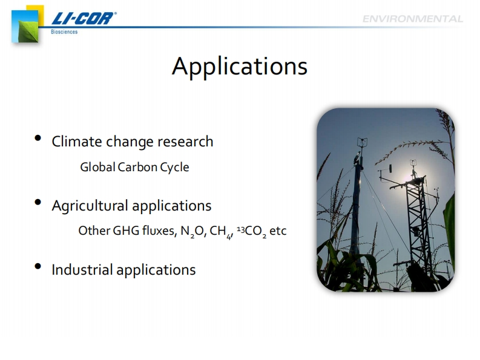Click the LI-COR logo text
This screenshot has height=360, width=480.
click(84, 18)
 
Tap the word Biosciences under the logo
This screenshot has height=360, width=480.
click(64, 31)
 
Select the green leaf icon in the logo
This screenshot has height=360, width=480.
click(28, 31)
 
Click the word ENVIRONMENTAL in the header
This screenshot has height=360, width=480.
click(413, 19)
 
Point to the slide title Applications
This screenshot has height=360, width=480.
click(240, 67)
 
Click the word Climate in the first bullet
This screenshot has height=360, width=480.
click(77, 142)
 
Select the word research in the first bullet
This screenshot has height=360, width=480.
click(185, 142)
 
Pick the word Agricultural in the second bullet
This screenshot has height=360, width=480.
click(90, 206)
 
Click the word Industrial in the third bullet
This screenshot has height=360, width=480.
click(82, 270)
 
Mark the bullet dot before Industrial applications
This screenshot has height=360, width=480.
click(38, 266)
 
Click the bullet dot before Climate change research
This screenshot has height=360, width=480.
click(38, 138)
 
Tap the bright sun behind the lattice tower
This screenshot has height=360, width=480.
click(408, 177)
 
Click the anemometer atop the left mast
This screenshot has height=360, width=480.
click(362, 143)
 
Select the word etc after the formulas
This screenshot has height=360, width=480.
click(278, 231)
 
